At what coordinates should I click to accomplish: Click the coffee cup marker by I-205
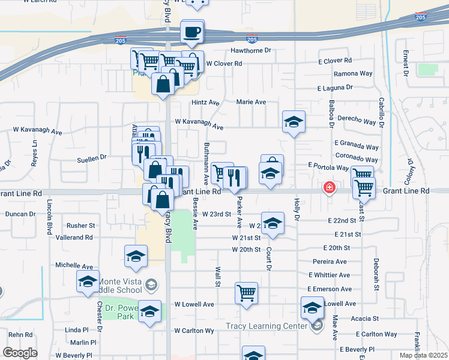click(x=193, y=31)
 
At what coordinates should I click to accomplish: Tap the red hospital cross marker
click(x=329, y=188)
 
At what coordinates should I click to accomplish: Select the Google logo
click(x=20, y=353)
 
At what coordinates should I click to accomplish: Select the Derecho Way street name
click(x=357, y=121)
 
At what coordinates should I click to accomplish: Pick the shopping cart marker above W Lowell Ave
click(x=246, y=293)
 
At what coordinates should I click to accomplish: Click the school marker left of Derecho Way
click(x=294, y=122)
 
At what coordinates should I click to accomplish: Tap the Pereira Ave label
click(x=330, y=262)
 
